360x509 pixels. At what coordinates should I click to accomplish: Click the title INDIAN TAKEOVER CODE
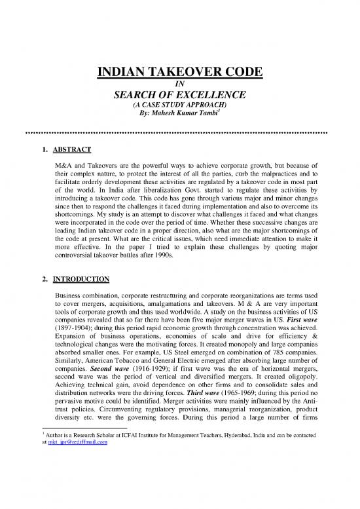pyautogui.click(x=180, y=73)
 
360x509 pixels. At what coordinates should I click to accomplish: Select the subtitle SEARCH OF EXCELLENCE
pyautogui.click(x=180, y=96)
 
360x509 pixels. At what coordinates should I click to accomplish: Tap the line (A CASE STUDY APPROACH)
pyautogui.click(x=179, y=105)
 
